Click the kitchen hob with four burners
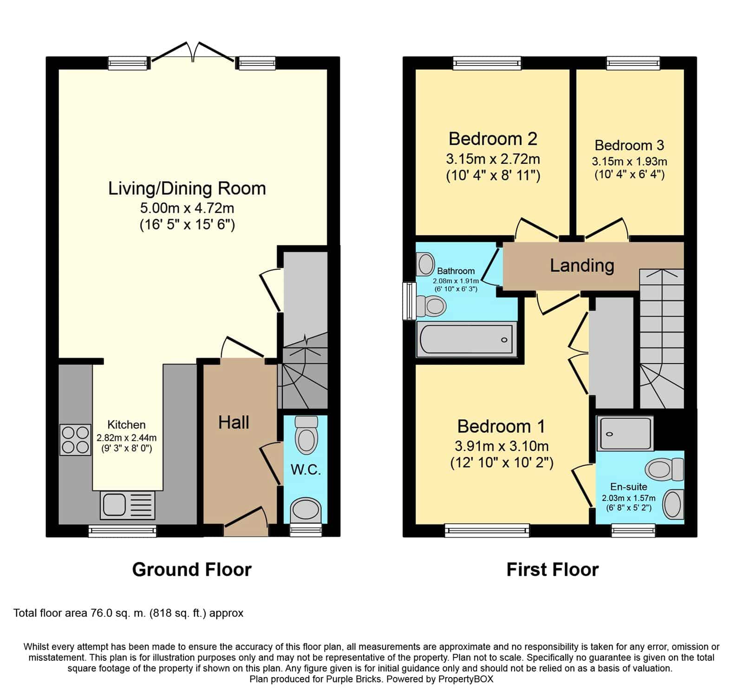tap(75, 440)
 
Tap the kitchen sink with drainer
tap(127, 505)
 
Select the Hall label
tap(234, 422)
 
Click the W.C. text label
tap(306, 469)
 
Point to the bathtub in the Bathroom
tap(466, 339)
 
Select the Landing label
tap(582, 265)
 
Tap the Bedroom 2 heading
tap(493, 138)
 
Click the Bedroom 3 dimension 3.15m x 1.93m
tap(629, 162)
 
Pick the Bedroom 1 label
tap(501, 426)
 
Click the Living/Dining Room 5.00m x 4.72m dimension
tap(187, 208)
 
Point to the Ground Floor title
tap(192, 569)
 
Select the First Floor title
tap(553, 569)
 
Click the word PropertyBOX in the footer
tap(466, 679)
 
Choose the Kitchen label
tap(126, 424)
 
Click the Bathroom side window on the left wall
tap(409, 301)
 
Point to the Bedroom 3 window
tap(633, 63)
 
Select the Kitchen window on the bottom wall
tap(123, 531)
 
